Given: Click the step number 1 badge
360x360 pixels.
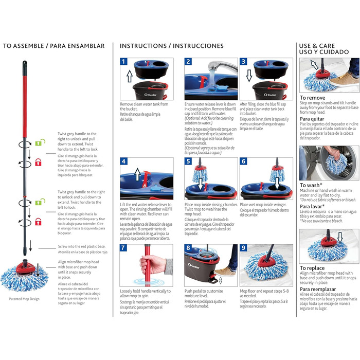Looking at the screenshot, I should point(124,62).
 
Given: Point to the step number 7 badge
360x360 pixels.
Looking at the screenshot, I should point(124,248).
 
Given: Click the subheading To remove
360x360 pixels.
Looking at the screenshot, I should point(313,97).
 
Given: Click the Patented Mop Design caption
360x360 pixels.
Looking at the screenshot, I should point(25,313).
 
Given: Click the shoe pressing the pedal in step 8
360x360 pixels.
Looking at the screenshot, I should point(224,271).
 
